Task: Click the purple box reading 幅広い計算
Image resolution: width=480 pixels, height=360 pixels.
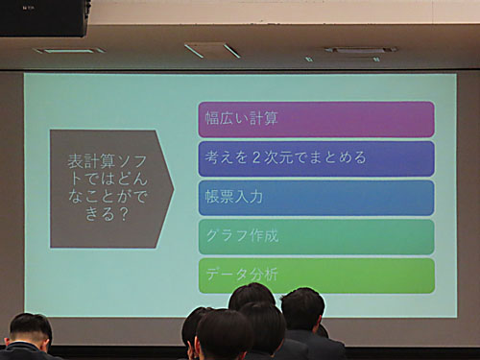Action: (316, 119)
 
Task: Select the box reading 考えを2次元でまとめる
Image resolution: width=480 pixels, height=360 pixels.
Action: (316, 158)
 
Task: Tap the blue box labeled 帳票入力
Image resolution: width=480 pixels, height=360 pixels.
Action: (316, 198)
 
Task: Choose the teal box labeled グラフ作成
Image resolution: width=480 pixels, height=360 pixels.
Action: (316, 236)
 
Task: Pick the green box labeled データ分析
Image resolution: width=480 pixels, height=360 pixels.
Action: (316, 276)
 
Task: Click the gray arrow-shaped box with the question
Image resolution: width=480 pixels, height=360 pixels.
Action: (109, 189)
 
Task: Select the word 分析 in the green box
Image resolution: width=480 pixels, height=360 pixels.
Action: (264, 276)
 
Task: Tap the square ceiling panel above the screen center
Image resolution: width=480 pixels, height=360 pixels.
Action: (212, 50)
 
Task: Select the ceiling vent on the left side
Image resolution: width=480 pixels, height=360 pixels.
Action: (69, 50)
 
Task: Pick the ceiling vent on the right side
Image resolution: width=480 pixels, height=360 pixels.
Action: (359, 50)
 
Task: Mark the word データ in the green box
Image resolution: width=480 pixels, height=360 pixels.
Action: (227, 276)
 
